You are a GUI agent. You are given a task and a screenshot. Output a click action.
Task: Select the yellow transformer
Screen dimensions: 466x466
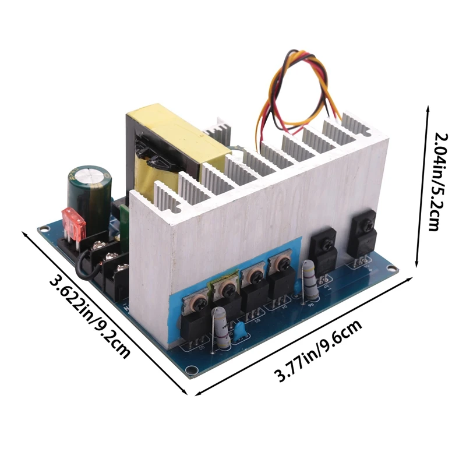coord(169,146)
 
